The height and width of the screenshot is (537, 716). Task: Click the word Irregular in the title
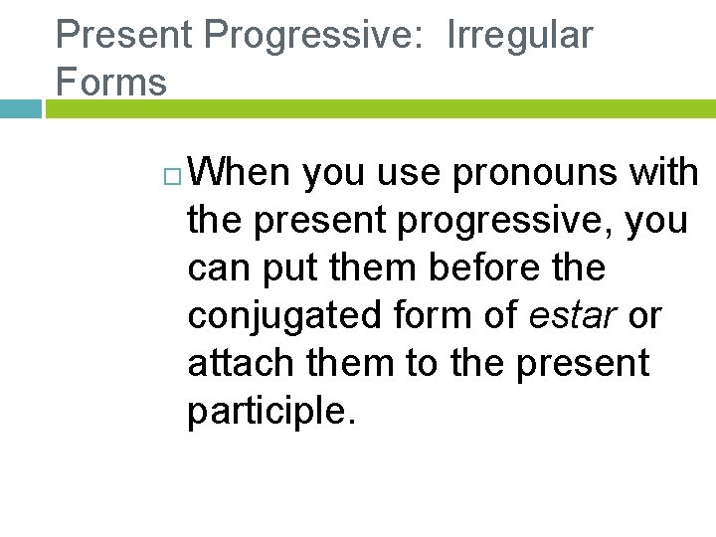(520, 36)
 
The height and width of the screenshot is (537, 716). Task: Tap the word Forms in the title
(111, 82)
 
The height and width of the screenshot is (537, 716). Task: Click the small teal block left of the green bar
(20, 108)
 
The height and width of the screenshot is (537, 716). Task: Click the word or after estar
(644, 316)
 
